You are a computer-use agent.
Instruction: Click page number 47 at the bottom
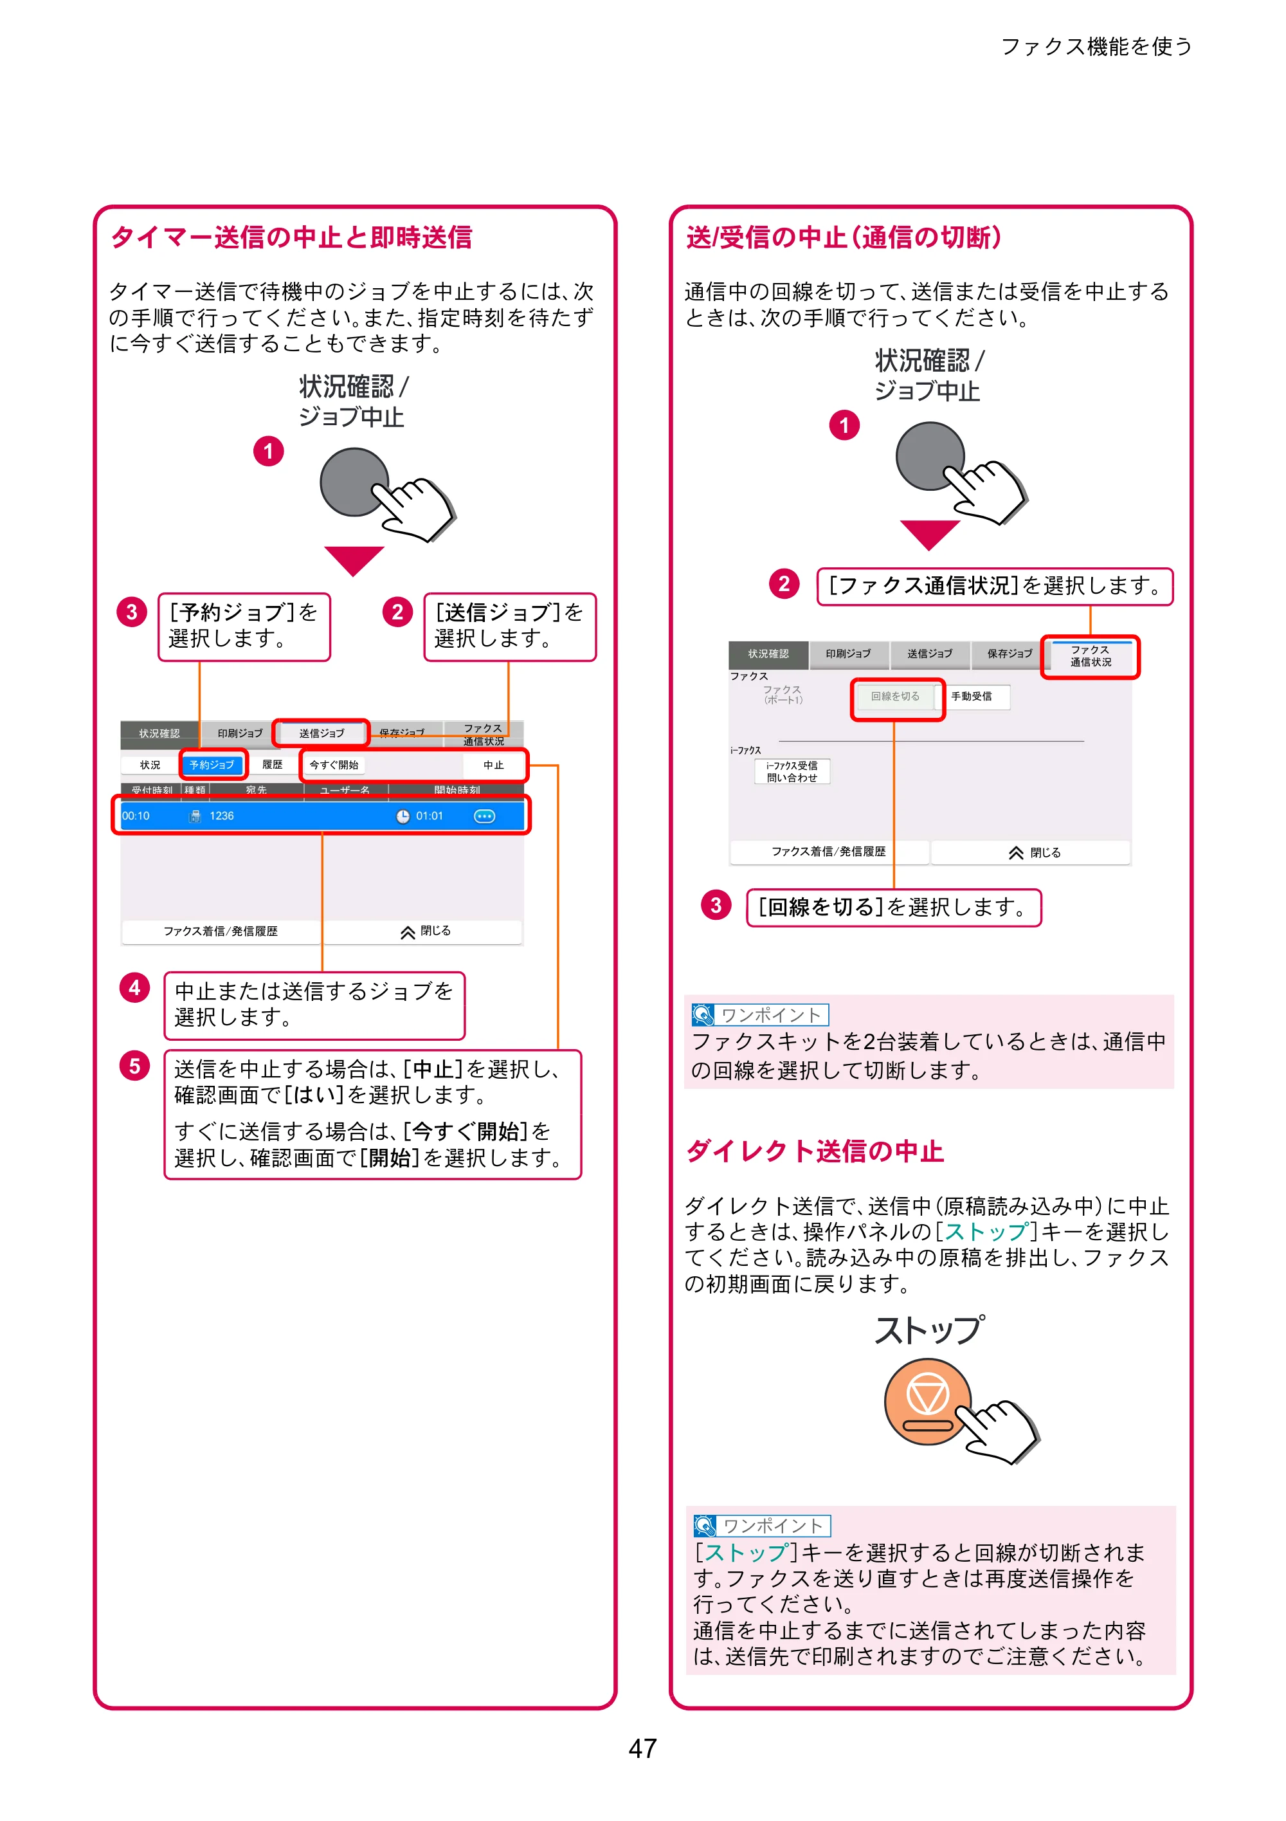click(642, 1748)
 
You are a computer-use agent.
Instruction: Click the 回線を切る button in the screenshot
click(895, 697)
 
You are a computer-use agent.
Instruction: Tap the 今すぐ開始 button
click(334, 765)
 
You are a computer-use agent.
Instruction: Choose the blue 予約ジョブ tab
click(212, 765)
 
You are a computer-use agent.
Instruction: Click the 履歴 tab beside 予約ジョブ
click(272, 765)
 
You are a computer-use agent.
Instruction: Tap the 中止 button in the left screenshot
click(493, 765)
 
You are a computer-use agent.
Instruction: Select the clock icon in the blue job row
click(403, 816)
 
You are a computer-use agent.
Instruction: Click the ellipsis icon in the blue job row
click(484, 816)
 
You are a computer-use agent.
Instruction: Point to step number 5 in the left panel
click(135, 1066)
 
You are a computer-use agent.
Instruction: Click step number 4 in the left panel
click(135, 987)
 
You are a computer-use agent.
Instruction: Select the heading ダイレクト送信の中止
click(815, 1151)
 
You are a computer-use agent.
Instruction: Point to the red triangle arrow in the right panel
click(930, 535)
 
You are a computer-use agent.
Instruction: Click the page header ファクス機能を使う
click(1096, 47)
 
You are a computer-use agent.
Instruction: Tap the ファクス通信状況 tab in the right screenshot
click(1090, 656)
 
